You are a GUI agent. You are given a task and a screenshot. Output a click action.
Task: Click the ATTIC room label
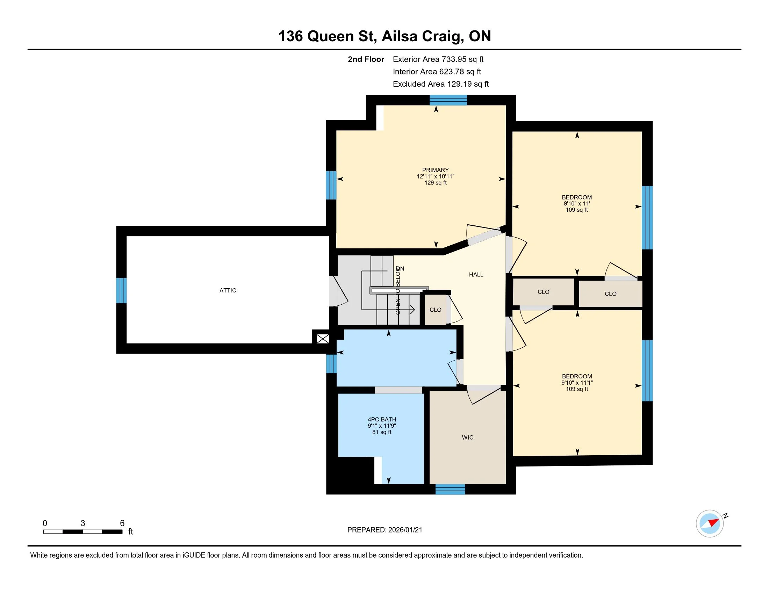tap(228, 290)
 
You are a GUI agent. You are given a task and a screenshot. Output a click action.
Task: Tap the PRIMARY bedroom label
tap(436, 170)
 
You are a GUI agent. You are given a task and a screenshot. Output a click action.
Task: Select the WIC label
tap(468, 437)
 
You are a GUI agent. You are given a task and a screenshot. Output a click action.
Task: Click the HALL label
tap(476, 275)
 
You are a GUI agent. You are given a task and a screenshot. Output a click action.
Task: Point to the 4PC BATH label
tap(382, 419)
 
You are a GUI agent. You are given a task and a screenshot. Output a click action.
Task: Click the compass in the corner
tap(710, 523)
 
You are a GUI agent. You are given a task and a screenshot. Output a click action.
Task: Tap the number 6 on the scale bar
tap(122, 523)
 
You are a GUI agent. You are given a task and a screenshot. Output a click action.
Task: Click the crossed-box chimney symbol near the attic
tap(323, 339)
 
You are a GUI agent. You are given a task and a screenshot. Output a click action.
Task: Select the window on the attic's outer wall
tap(121, 290)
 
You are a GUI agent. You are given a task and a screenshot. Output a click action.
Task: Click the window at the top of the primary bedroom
tap(448, 100)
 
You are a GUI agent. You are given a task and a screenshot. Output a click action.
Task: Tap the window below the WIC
tap(450, 489)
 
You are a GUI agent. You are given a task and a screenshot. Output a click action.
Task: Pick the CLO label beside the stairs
tap(435, 310)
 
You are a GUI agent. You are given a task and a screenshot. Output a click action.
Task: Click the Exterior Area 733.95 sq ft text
tap(438, 59)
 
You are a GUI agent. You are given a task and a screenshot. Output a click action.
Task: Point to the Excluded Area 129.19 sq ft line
tap(440, 84)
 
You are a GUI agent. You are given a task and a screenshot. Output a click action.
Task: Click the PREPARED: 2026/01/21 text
tap(384, 530)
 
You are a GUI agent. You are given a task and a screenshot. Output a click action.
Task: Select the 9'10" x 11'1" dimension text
tap(577, 383)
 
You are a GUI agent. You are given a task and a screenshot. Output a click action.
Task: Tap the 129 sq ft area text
tap(436, 183)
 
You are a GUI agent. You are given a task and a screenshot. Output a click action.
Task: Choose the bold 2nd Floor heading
tap(366, 59)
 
